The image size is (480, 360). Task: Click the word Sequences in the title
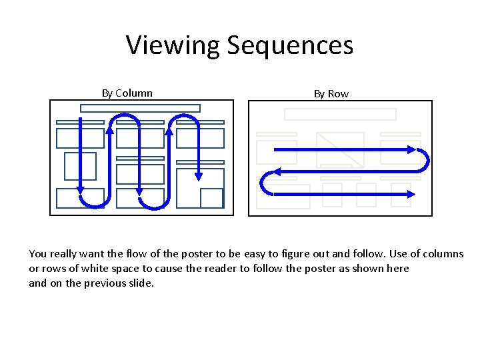coord(290,45)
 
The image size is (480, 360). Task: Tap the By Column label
coord(127,93)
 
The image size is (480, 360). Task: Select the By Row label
coord(331,94)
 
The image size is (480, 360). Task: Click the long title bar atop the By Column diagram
coord(140,108)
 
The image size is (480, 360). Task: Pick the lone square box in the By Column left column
coord(80,166)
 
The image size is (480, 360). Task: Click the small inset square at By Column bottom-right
coord(211,198)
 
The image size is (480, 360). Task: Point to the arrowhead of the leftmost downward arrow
coord(81,189)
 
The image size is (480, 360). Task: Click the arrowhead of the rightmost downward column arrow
coord(198,177)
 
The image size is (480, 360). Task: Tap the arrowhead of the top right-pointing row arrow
coord(411,150)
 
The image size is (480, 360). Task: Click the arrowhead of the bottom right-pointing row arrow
coord(411,194)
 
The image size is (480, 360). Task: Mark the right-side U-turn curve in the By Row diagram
coord(425,161)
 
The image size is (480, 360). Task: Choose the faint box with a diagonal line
coord(340,150)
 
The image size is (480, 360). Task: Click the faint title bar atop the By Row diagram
coord(340,114)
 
